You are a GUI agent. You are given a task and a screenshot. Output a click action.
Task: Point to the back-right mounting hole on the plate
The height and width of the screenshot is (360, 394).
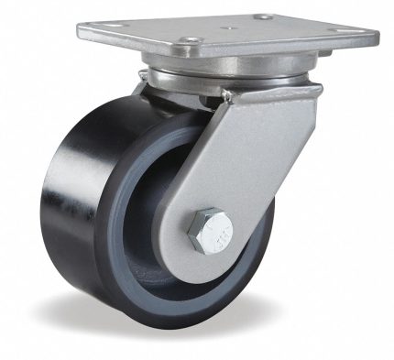point(264,16)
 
